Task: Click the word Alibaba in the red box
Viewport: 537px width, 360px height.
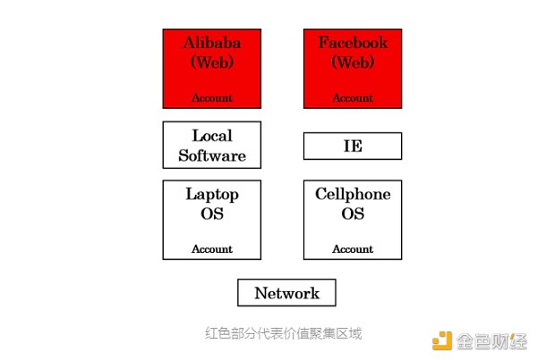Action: pos(212,43)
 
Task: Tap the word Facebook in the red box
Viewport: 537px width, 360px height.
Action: pos(353,43)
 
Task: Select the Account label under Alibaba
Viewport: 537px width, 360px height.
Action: pos(212,98)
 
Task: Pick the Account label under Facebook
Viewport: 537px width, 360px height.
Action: pos(353,98)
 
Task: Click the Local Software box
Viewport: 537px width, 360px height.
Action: pos(212,146)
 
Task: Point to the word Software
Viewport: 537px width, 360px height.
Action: pos(212,155)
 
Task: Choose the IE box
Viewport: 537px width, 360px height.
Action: pos(353,146)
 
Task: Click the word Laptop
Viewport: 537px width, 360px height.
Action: pos(212,194)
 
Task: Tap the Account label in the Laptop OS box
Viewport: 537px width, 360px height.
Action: pos(212,249)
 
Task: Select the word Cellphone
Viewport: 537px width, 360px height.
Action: pos(353,194)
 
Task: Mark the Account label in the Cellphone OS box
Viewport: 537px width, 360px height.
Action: pos(353,249)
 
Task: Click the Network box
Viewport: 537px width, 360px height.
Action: pos(286,293)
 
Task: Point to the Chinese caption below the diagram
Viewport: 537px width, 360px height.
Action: pos(283,333)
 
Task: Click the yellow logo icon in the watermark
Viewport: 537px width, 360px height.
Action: pos(442,339)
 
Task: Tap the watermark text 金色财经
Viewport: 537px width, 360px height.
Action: pos(493,340)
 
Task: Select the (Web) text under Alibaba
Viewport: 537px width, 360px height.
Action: pos(212,63)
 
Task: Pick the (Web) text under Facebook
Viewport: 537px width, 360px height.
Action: pos(353,63)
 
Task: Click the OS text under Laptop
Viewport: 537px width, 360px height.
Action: pos(212,214)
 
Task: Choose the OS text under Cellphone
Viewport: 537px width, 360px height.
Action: pos(353,214)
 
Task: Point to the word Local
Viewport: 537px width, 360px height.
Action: pos(212,136)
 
